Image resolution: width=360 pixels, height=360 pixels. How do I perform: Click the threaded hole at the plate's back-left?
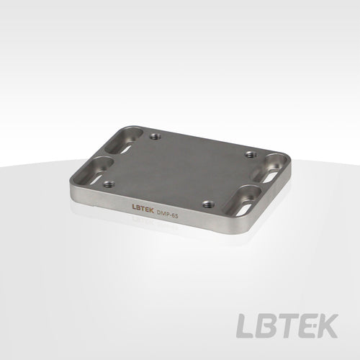click(156, 137)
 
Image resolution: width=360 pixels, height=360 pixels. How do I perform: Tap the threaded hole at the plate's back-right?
click(251, 154)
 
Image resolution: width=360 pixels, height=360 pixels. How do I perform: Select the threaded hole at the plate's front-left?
click(109, 184)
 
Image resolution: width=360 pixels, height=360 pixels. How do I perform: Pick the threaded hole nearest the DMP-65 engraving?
click(208, 204)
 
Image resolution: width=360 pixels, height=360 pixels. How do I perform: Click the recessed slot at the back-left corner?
click(124, 141)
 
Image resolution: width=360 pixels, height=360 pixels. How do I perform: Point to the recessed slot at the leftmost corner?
click(96, 170)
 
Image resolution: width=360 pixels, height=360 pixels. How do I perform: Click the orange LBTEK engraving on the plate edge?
click(143, 207)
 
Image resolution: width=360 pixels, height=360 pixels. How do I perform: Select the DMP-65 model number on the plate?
click(167, 213)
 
